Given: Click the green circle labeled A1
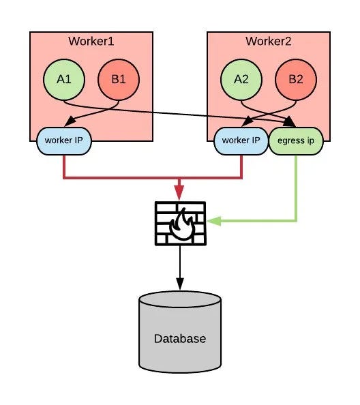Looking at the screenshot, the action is point(64,80).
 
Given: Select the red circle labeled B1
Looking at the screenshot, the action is point(119,80).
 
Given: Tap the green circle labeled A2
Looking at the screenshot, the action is point(241,80).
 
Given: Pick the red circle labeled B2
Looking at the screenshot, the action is point(296,80).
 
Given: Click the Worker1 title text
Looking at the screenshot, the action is point(91,42).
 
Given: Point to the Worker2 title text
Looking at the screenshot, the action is point(269,42).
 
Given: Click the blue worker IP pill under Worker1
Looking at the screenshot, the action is point(64,141).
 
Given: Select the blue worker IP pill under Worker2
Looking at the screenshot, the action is point(241,141).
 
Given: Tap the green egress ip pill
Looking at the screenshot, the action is point(296,141).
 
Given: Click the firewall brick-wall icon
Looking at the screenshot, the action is point(180,223).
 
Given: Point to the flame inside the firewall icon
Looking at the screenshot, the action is point(182,224).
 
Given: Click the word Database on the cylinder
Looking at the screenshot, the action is point(180,339).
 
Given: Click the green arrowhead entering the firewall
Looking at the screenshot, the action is point(214,221).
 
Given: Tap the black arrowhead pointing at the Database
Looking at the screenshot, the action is point(180,284).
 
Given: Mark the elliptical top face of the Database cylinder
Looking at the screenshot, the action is point(180,300).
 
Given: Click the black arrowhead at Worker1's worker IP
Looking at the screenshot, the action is point(70,121).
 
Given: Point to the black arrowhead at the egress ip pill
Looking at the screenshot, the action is point(289,122).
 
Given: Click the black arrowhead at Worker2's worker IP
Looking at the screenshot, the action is point(247,122).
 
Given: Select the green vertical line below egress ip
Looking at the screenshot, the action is point(296,187).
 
